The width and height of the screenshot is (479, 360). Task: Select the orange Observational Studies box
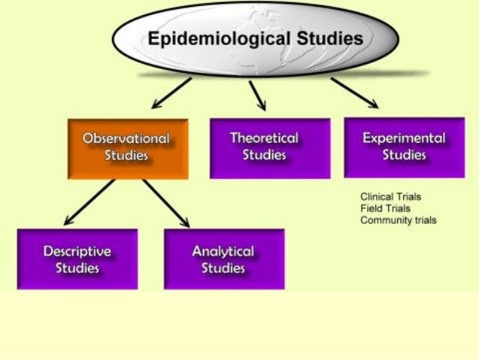point(127,149)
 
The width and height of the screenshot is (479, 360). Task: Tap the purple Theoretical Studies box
point(270,148)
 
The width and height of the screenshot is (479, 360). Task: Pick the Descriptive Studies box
point(77,259)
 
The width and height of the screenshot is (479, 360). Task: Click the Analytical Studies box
point(224,259)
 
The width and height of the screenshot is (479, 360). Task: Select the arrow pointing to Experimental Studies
point(352,91)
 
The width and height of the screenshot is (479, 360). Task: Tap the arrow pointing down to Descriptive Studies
point(89,201)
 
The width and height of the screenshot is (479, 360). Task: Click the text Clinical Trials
point(390,197)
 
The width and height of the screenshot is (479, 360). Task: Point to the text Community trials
point(398,220)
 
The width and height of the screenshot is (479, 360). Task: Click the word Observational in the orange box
point(125,139)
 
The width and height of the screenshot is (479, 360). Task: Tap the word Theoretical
point(264,138)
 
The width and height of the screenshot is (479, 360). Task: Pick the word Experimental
point(404,138)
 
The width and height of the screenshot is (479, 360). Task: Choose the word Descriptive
point(77,251)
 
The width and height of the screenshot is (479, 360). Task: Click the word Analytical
point(223,251)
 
